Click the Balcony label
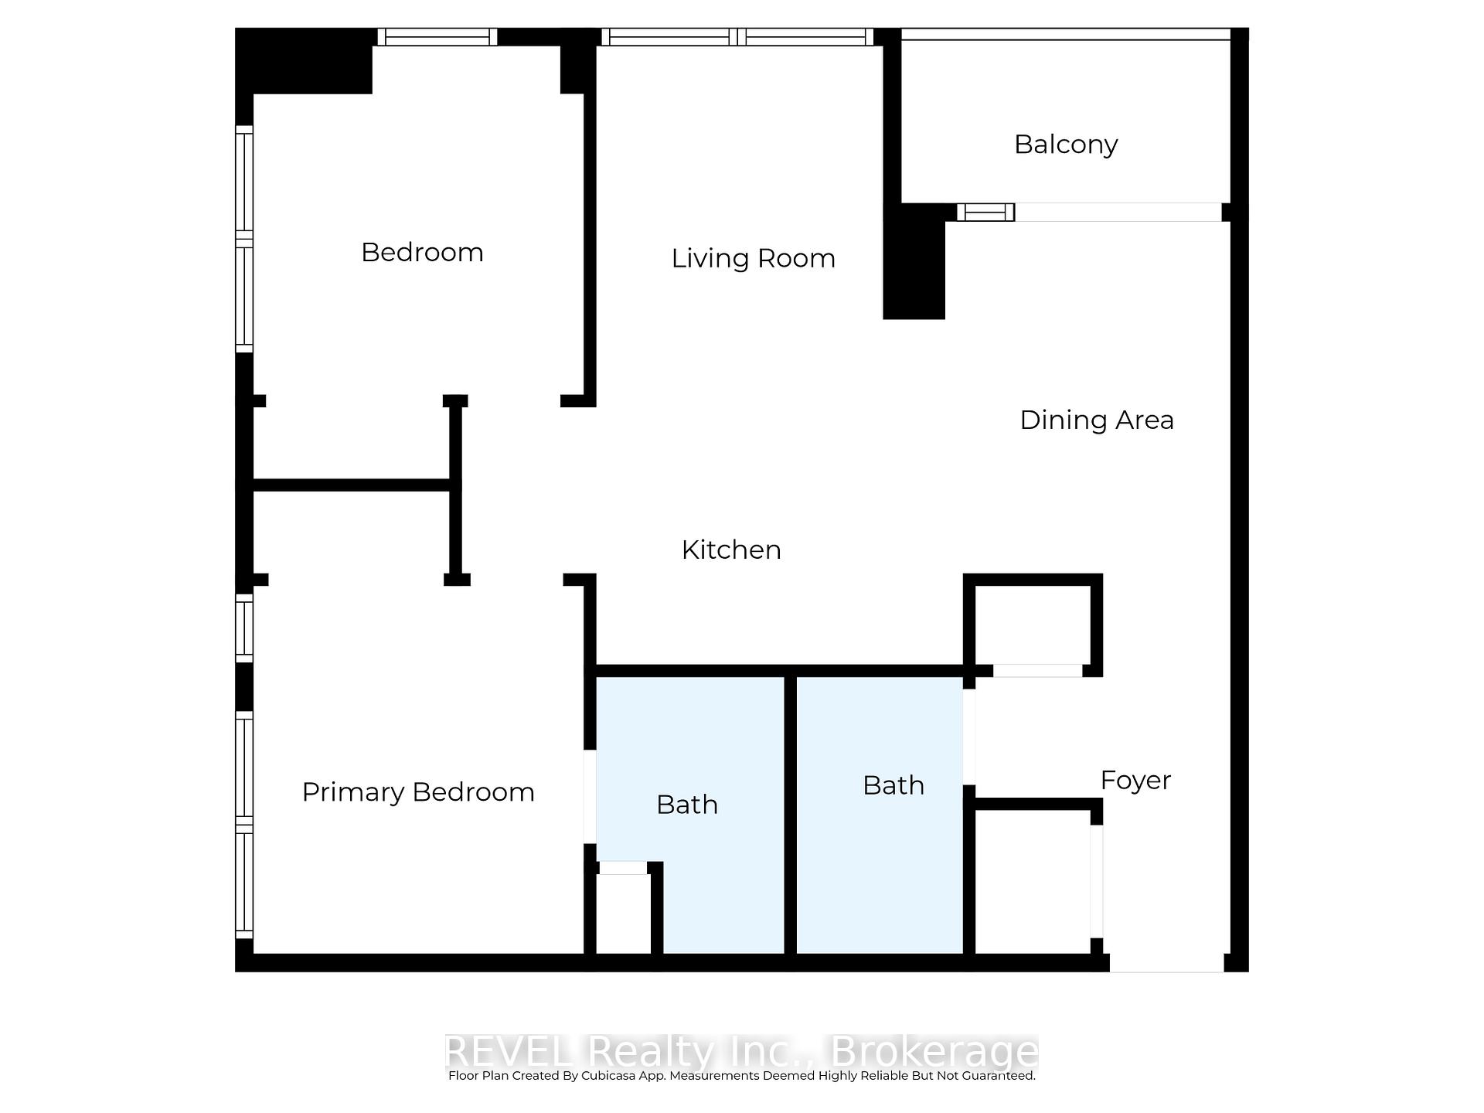point(1066,145)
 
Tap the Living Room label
point(753,258)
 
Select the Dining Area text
point(1096,420)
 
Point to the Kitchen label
point(730,550)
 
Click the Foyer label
point(1135,780)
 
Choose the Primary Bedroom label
point(417,792)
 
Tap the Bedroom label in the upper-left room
point(422,252)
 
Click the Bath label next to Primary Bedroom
point(686,805)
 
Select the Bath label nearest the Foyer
point(893,785)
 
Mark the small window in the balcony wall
point(985,212)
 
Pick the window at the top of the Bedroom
point(437,37)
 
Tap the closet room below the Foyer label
point(1032,881)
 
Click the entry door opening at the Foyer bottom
point(1166,963)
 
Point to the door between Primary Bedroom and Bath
point(589,796)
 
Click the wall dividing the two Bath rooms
point(790,815)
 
